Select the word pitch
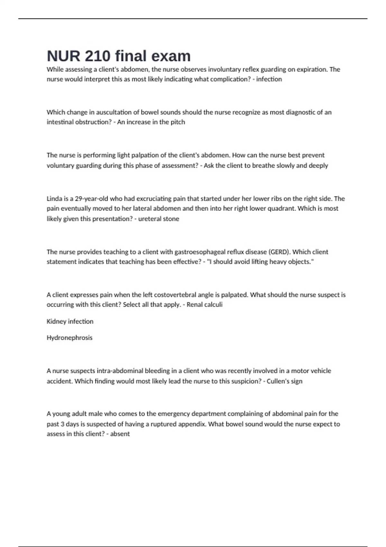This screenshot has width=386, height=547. (x=178, y=122)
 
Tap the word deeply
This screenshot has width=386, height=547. (x=318, y=165)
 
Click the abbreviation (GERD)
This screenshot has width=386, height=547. (x=280, y=252)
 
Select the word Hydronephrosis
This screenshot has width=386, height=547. (x=69, y=338)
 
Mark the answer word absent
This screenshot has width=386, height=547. (x=120, y=434)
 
